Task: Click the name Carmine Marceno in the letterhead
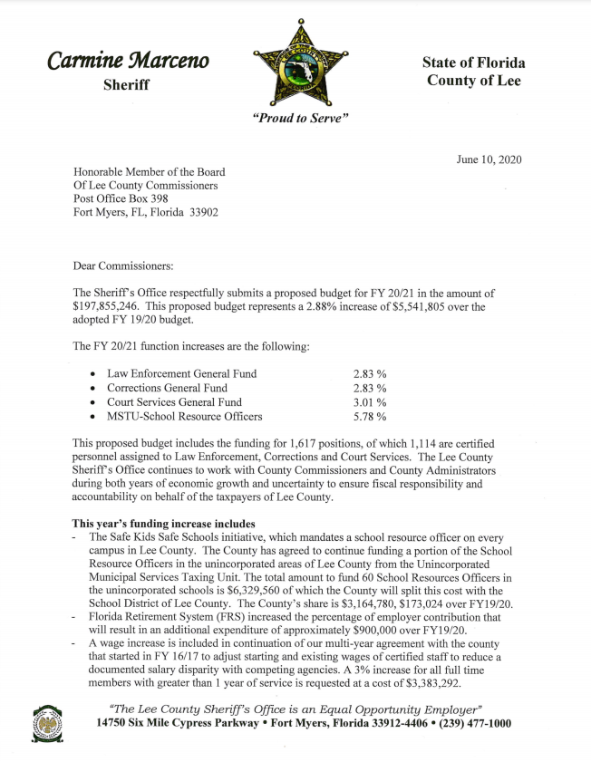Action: [128, 61]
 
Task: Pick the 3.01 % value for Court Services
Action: [369, 402]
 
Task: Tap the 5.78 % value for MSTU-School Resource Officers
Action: [369, 417]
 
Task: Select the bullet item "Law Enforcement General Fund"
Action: [181, 373]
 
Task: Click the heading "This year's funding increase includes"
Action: [164, 524]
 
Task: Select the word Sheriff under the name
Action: [127, 84]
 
